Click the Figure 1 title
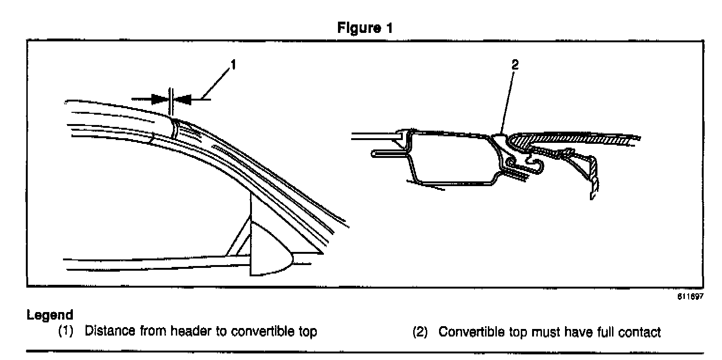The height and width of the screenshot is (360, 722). [x=365, y=28]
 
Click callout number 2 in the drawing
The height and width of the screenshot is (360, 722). [x=514, y=66]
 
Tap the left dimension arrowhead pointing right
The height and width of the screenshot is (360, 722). [x=160, y=99]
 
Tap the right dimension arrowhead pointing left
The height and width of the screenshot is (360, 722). [x=183, y=99]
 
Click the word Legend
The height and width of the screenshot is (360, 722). [x=50, y=314]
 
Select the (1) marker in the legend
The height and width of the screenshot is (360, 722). [x=66, y=332]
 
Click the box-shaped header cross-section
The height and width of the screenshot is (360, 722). [x=451, y=157]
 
